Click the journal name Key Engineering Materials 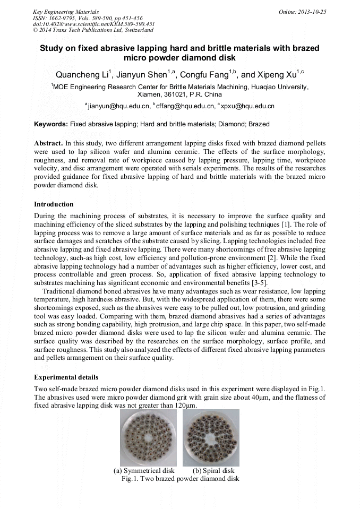[x=65, y=11]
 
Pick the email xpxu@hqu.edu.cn [x=247, y=106]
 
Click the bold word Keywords [x=51, y=124]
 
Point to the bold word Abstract [x=48, y=143]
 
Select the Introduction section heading [x=54, y=204]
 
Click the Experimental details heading [x=66, y=377]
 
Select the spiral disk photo [x=211, y=437]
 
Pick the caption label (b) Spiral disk [x=213, y=471]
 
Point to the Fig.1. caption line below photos [x=180, y=478]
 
